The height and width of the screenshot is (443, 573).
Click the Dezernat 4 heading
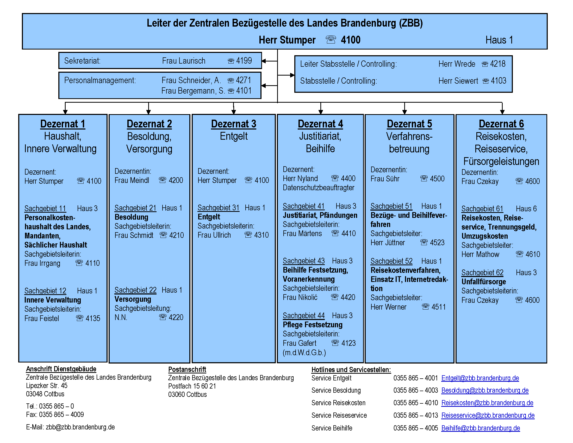(x=320, y=124)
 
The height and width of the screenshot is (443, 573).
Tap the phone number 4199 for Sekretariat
(x=244, y=61)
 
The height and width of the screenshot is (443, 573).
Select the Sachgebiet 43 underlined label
(x=303, y=261)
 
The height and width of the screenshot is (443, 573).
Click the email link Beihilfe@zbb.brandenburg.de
(x=481, y=428)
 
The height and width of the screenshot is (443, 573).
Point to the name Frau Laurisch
(x=184, y=61)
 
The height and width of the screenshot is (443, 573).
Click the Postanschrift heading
(x=187, y=369)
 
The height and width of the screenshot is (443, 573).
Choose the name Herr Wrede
(x=457, y=64)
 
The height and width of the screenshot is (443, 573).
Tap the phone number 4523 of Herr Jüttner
(x=437, y=243)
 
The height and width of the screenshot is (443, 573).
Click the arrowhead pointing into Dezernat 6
(x=502, y=112)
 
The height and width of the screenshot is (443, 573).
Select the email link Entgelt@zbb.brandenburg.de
(x=480, y=378)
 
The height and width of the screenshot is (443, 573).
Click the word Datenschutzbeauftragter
(x=319, y=188)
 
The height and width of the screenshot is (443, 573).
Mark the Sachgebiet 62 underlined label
(x=482, y=273)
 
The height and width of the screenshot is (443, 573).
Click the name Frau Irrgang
(x=42, y=263)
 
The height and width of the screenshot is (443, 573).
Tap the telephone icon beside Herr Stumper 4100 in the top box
(x=331, y=40)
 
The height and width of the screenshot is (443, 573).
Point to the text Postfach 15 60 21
(x=192, y=386)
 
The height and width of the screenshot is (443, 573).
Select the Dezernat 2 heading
(x=149, y=124)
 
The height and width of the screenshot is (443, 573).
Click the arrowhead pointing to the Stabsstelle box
(x=292, y=75)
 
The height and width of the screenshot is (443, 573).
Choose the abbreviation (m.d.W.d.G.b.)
(x=304, y=353)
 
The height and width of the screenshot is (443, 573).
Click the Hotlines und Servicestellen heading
(x=351, y=370)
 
